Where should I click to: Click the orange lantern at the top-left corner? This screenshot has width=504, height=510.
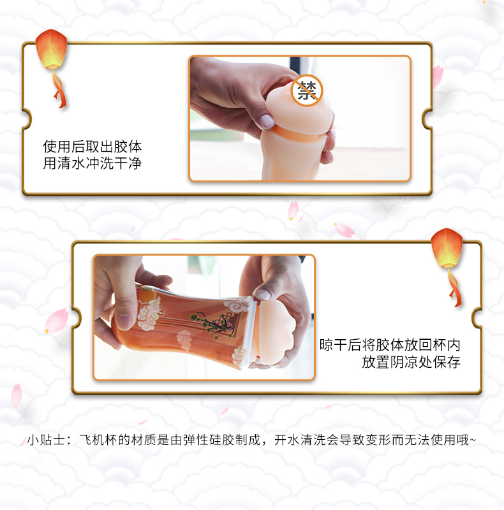tap(51, 49)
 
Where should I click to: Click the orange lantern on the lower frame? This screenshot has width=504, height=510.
tap(447, 248)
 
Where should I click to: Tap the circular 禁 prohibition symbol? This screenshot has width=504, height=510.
tap(307, 91)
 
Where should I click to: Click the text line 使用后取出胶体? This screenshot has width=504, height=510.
tap(93, 147)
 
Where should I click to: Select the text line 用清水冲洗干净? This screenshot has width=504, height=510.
tap(93, 163)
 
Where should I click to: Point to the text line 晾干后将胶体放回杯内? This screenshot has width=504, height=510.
tap(390, 345)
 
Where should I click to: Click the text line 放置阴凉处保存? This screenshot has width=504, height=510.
tap(411, 362)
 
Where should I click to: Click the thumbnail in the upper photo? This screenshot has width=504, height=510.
tap(267, 121)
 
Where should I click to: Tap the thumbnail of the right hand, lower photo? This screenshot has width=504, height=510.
tap(262, 295)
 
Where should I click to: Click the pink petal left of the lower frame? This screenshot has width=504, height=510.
tap(57, 321)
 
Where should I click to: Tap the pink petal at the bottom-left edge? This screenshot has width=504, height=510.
tap(17, 395)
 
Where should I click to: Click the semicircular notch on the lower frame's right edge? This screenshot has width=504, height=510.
tap(477, 317)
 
